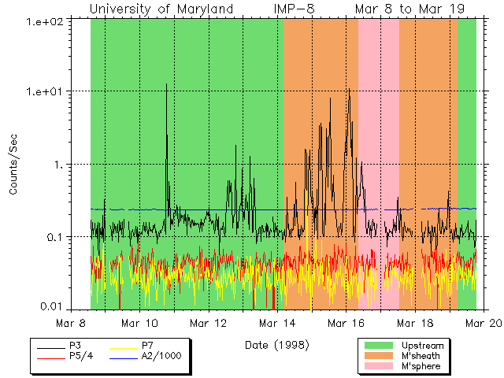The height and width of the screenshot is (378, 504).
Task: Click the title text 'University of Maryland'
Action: pyautogui.click(x=161, y=9)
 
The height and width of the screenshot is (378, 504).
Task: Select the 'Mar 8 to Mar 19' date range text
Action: pyautogui.click(x=409, y=9)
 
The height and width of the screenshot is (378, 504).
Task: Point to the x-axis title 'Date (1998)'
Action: pyautogui.click(x=276, y=344)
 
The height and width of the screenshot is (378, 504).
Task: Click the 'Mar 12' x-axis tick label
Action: pyautogui.click(x=209, y=323)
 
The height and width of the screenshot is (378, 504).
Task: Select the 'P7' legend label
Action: pyautogui.click(x=147, y=346)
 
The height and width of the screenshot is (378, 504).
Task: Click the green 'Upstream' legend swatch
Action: pyautogui.click(x=377, y=346)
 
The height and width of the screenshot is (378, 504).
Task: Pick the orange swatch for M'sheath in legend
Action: pyautogui.click(x=377, y=356)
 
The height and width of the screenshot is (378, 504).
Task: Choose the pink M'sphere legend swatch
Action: pyautogui.click(x=377, y=366)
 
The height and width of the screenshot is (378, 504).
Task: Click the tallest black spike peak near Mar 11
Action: pyautogui.click(x=166, y=83)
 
